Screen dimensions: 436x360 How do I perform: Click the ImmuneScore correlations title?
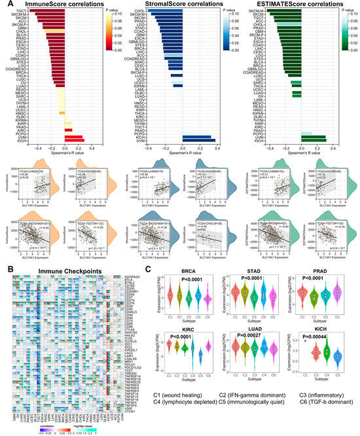coord(63,5)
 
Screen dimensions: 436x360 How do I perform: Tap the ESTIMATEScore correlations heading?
coord(296,5)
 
